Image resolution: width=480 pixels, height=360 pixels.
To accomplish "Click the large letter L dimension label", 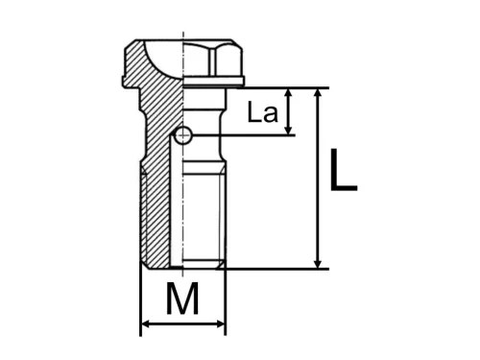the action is pos(343,170).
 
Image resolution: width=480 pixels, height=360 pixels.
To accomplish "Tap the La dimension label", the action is pos(263,112).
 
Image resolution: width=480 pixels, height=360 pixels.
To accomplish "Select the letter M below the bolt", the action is pos(182,299).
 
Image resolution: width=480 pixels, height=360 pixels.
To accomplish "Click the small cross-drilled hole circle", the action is pos(182,135).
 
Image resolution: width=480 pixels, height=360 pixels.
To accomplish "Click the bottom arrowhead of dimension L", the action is pos(318,262).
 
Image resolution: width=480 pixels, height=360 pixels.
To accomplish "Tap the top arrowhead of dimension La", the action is pos(288,94).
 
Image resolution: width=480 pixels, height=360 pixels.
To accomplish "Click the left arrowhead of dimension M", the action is pos(146,324).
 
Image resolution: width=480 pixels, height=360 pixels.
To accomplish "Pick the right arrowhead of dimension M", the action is pos(221,324).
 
